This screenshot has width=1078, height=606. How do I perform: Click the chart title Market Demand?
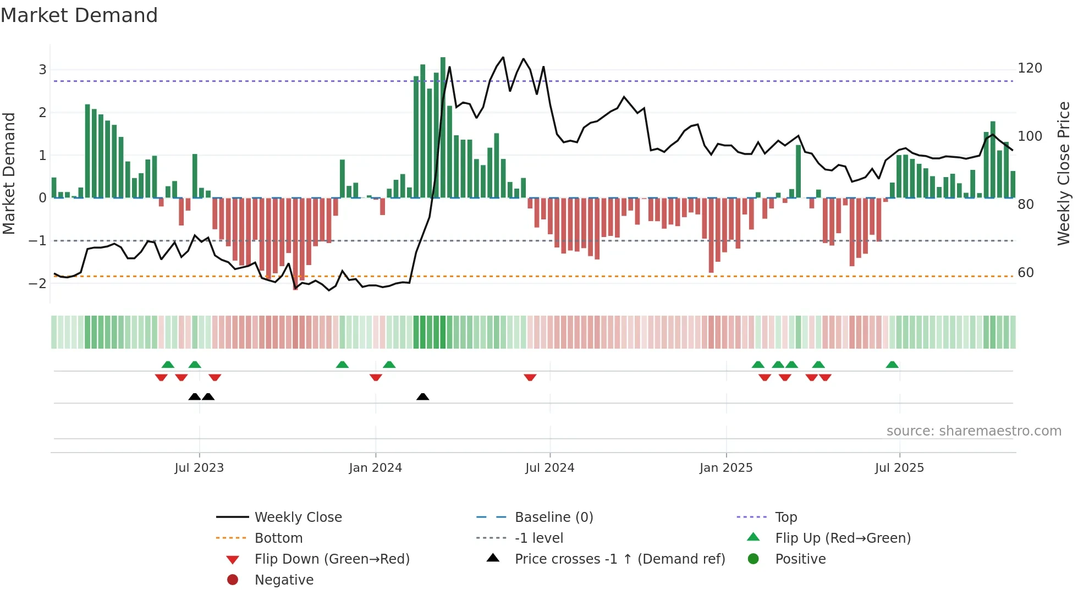point(79,15)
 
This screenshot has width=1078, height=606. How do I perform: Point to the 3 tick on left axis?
point(42,70)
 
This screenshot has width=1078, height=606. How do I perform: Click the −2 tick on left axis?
point(38,284)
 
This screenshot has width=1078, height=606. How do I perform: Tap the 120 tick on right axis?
point(1030,68)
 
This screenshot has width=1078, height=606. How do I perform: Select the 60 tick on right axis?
point(1026,273)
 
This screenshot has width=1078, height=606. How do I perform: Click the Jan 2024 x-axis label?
point(375,468)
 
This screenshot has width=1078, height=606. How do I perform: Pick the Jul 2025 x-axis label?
point(899,468)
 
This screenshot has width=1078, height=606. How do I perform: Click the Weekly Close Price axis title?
point(1064,173)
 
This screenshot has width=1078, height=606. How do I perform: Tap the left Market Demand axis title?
point(9,173)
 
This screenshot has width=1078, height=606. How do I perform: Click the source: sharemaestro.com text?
point(974,431)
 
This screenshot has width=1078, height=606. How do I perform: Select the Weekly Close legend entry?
point(298,517)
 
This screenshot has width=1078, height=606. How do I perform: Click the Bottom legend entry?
point(278,538)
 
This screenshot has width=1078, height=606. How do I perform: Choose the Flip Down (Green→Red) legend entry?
point(332,559)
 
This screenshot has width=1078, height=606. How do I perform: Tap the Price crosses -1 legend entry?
point(619,559)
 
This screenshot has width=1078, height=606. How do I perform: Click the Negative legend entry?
point(284,580)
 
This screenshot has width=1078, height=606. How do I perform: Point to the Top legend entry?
point(785,517)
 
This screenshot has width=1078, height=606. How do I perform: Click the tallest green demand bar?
point(443,126)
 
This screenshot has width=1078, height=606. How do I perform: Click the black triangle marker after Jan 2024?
point(422,396)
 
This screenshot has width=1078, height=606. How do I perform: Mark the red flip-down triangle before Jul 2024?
point(530,377)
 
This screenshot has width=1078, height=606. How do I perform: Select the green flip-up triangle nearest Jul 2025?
point(892,365)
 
